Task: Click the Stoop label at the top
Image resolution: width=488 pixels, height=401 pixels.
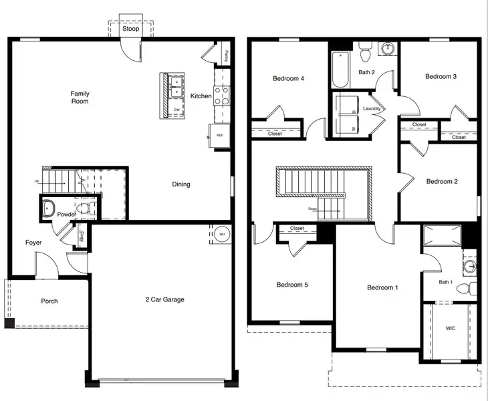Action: tap(130, 29)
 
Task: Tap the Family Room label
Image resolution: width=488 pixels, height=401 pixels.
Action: tap(80, 98)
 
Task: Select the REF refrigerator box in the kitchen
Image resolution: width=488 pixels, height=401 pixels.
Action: tap(219, 134)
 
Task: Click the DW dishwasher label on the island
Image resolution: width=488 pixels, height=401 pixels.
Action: tap(176, 110)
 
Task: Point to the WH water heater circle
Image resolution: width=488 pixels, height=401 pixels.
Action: tap(222, 234)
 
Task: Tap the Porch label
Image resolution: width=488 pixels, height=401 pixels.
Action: tap(49, 301)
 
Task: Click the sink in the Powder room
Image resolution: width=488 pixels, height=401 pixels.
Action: tap(49, 209)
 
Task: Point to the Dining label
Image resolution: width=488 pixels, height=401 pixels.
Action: tap(181, 184)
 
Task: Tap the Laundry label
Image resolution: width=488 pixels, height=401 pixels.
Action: tap(372, 108)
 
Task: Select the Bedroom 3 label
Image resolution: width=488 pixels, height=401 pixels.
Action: tap(441, 76)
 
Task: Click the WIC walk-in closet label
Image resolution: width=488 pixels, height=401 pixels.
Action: tap(450, 329)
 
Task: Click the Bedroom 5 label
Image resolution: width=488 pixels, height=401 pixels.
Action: tap(292, 285)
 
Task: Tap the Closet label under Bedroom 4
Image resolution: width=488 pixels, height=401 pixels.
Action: tap(275, 134)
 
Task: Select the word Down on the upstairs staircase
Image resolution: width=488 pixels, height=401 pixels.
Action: tap(312, 209)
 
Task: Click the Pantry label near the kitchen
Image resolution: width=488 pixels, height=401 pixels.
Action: tap(227, 55)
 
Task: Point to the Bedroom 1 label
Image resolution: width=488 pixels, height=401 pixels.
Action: tap(382, 287)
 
